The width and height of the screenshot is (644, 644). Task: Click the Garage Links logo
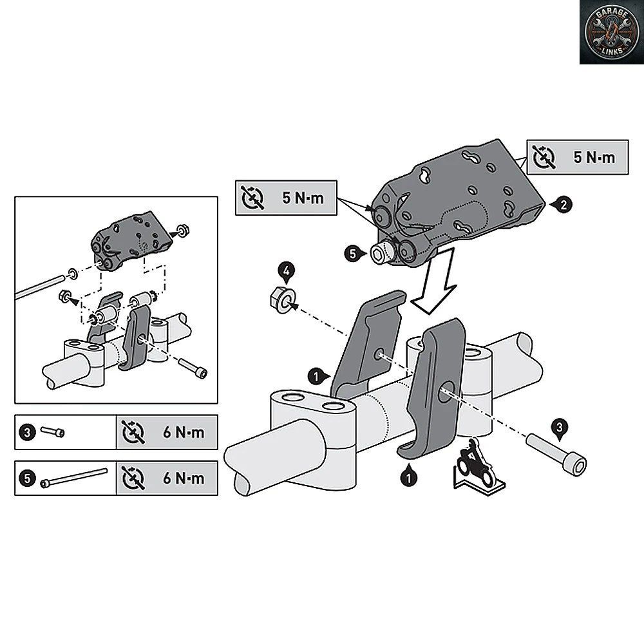[612, 32]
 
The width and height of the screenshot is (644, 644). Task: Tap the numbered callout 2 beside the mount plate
[563, 205]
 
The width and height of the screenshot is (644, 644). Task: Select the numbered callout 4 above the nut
[287, 272]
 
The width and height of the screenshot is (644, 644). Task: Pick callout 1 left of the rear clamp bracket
[317, 376]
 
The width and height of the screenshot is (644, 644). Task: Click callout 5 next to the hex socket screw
[353, 254]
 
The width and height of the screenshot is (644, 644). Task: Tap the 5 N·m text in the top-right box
[594, 157]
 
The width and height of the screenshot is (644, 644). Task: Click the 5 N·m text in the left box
[303, 198]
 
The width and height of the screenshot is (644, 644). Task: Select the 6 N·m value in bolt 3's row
[184, 432]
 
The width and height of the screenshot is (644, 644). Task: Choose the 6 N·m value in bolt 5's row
[184, 478]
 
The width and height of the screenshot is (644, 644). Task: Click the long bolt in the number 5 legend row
[74, 478]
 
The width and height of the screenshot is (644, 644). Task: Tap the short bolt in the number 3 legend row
[52, 431]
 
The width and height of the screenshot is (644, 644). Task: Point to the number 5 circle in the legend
[28, 478]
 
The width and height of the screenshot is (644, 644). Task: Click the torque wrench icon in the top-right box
[544, 157]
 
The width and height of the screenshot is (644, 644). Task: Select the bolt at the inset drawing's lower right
[193, 368]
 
